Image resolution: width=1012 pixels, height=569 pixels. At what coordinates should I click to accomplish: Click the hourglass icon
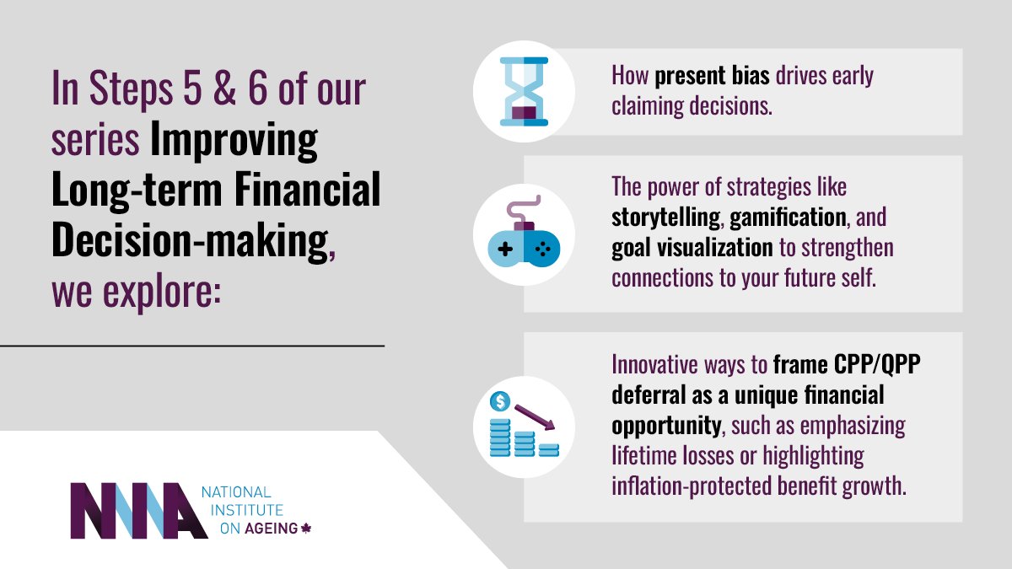pos(524,91)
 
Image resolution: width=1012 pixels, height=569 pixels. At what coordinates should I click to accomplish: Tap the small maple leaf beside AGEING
pos(306,529)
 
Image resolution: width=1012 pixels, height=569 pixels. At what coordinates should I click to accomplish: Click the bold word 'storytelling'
pos(665,217)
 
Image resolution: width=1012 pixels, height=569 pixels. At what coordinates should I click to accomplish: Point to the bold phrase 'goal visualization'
pos(692,248)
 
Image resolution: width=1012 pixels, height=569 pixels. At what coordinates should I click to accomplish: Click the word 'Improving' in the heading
pos(234,141)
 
